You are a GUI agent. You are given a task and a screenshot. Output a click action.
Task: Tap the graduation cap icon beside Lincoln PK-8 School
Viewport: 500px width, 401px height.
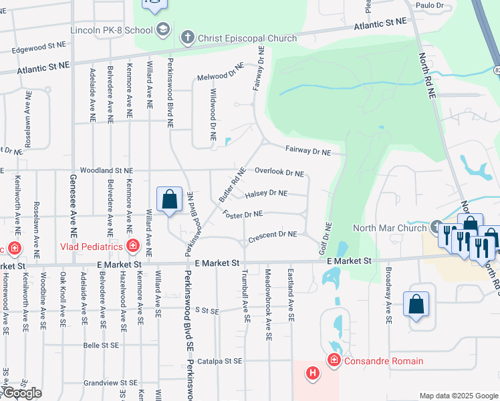point(162,29)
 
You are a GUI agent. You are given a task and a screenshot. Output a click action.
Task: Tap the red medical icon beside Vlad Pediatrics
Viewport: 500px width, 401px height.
point(133,247)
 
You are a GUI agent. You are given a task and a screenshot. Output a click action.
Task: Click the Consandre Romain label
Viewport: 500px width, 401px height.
point(384,361)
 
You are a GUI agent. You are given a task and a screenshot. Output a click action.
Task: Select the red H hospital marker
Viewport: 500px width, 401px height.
point(312,373)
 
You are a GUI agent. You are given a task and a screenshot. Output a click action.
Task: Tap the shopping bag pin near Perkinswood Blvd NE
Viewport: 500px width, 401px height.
point(169,199)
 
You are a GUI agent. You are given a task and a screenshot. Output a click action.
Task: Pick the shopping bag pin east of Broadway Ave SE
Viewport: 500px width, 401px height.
point(416,304)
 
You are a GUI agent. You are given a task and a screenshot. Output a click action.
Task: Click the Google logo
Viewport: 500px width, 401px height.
point(22,393)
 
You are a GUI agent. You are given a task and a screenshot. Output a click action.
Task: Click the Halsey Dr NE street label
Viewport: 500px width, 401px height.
point(265,194)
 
